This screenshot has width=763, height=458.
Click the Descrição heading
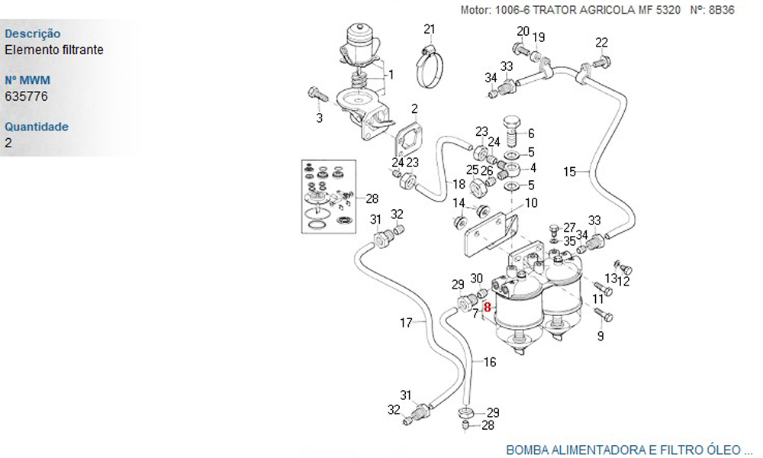click(33, 34)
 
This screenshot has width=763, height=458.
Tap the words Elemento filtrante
click(54, 50)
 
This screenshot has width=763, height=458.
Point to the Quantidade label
click(37, 127)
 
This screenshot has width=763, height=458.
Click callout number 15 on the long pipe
click(570, 171)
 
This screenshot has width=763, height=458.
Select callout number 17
click(406, 323)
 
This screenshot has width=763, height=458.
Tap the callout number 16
click(489, 362)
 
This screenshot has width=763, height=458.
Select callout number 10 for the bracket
click(531, 203)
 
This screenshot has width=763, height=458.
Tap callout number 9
click(600, 335)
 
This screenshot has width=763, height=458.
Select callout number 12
click(623, 282)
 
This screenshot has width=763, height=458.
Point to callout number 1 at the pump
click(391, 74)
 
